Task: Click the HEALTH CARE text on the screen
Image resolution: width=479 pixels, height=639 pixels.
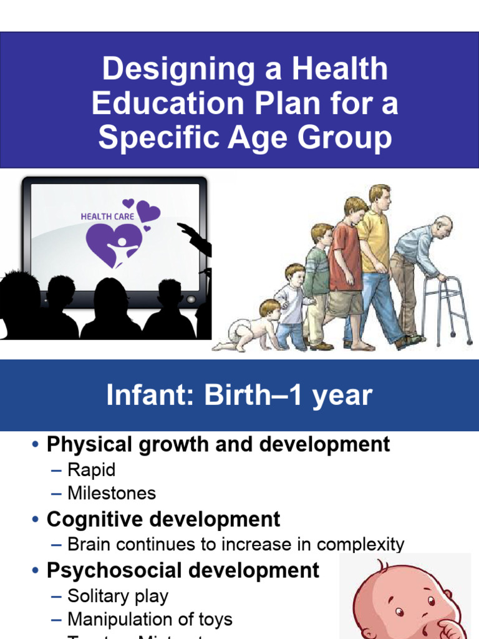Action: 107,217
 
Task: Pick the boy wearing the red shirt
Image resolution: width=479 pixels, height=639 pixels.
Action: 347,262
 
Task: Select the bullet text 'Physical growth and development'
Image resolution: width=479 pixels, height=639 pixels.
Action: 218,444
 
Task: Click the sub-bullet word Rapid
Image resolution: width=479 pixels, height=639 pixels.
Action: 92,469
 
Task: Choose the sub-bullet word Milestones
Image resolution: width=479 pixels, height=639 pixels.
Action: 112,494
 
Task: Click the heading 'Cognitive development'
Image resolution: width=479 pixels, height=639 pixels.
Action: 163,519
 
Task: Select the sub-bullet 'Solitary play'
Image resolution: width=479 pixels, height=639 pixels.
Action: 118,596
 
